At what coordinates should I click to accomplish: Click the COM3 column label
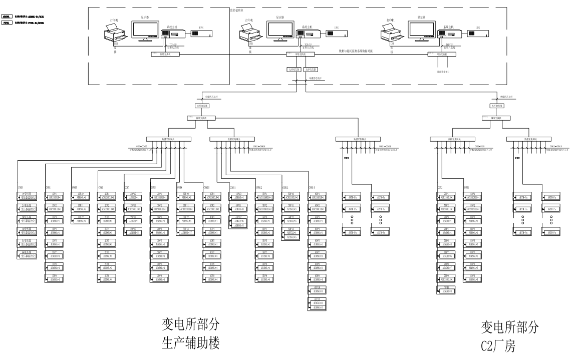click(21, 187)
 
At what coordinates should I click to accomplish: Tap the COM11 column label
click(233, 187)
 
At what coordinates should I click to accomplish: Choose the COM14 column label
click(312, 187)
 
